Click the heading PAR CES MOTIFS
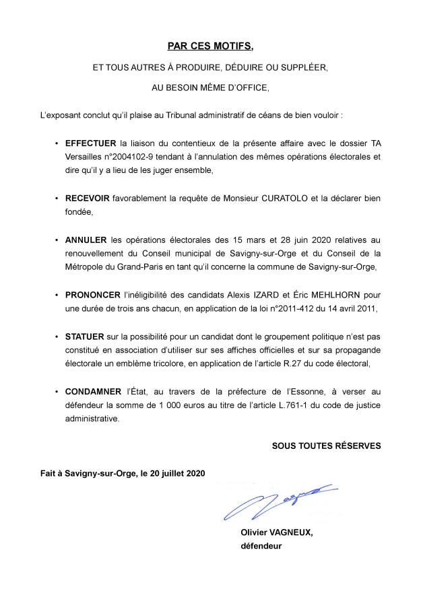coord(210,46)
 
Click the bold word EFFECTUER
coord(90,143)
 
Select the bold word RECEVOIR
coord(89,200)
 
